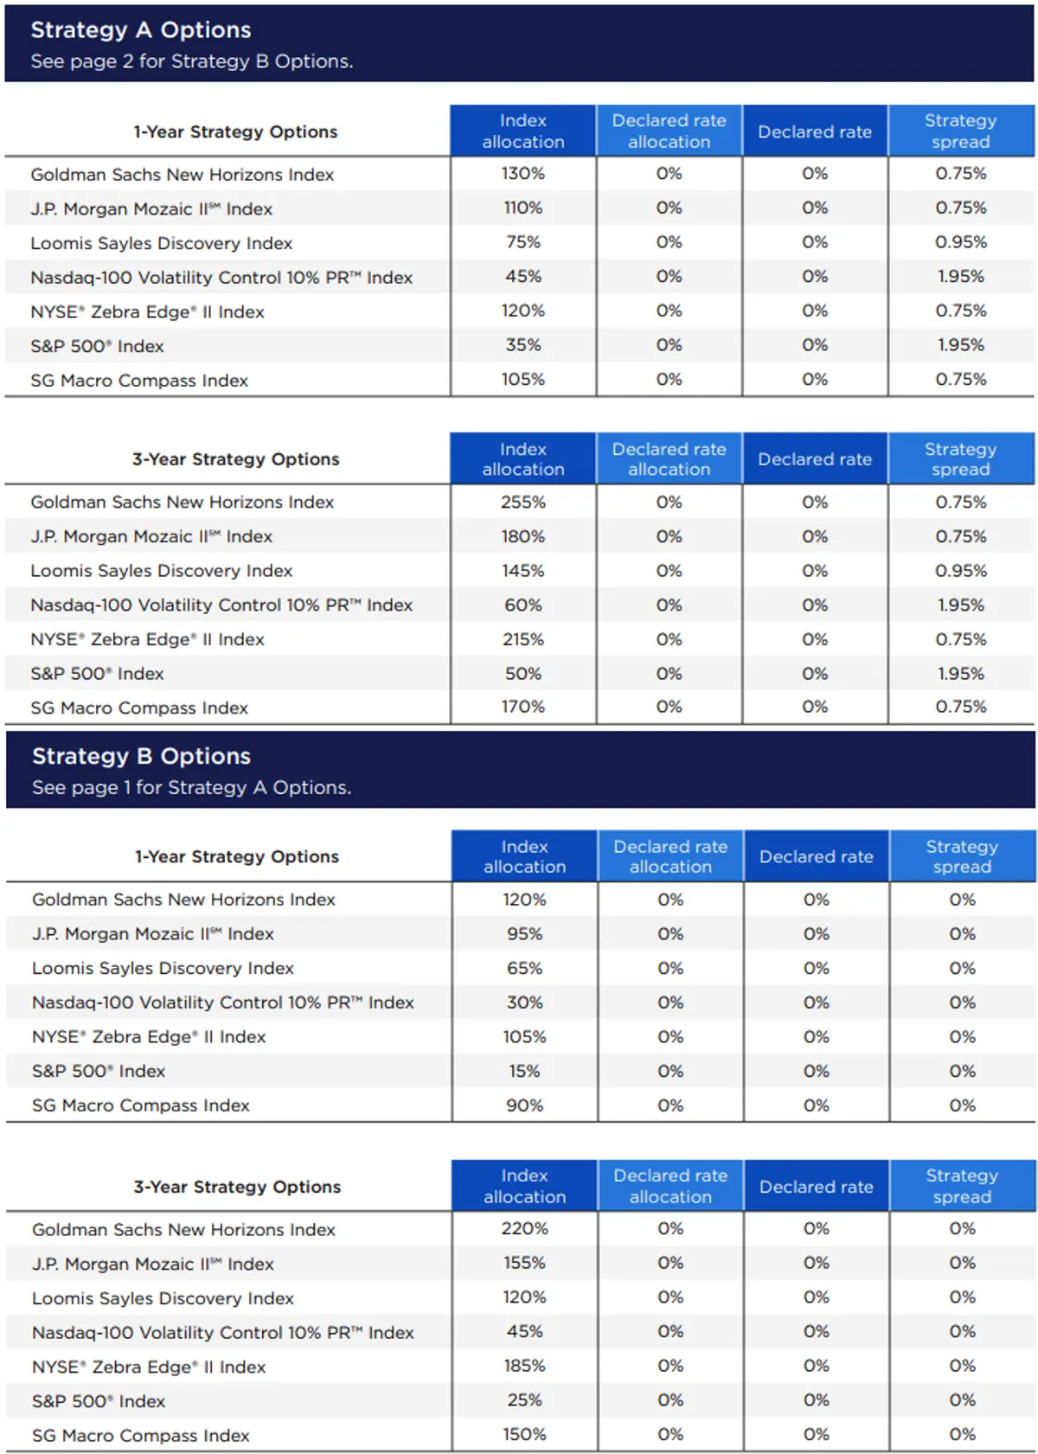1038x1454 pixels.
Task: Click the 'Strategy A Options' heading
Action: [141, 30]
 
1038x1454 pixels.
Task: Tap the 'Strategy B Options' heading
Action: [141, 757]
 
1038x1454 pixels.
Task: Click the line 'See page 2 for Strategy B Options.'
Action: [192, 61]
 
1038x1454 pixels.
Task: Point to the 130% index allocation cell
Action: [523, 174]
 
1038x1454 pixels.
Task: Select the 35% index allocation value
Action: [523, 345]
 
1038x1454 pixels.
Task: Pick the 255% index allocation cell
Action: [523, 503]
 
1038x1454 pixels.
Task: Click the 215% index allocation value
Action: [523, 639]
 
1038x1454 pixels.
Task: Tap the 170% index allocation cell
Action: [523, 708]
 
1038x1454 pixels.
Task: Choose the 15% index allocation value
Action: [524, 1071]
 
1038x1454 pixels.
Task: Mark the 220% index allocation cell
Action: [524, 1229]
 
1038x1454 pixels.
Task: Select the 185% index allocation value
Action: [524, 1367]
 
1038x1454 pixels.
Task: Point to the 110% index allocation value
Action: [523, 208]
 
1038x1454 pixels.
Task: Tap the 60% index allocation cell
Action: [523, 605]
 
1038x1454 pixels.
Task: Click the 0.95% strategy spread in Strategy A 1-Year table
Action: [960, 243]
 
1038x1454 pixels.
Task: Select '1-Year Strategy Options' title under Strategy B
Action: [237, 857]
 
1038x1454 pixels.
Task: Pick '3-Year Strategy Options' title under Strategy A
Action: [235, 459]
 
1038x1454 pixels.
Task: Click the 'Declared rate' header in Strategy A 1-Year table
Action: [815, 132]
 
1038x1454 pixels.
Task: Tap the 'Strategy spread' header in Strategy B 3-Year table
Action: [962, 1187]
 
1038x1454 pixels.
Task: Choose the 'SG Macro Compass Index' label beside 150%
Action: [141, 1436]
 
